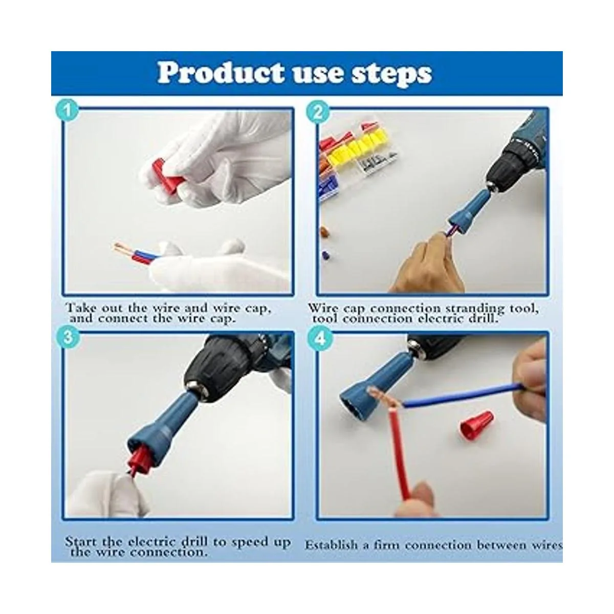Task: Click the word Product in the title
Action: (221, 73)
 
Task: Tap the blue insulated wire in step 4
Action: (463, 395)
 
